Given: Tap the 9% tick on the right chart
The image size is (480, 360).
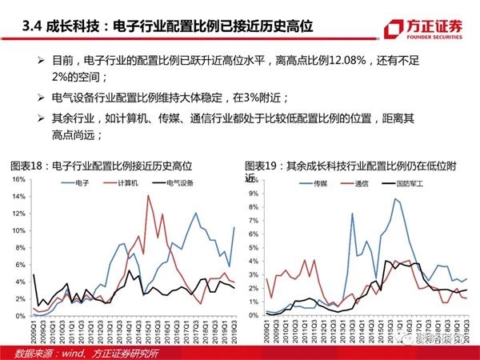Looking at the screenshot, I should [251, 192].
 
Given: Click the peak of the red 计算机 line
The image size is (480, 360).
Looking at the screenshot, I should [148, 195].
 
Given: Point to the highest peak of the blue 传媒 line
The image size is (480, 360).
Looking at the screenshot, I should [395, 199].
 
